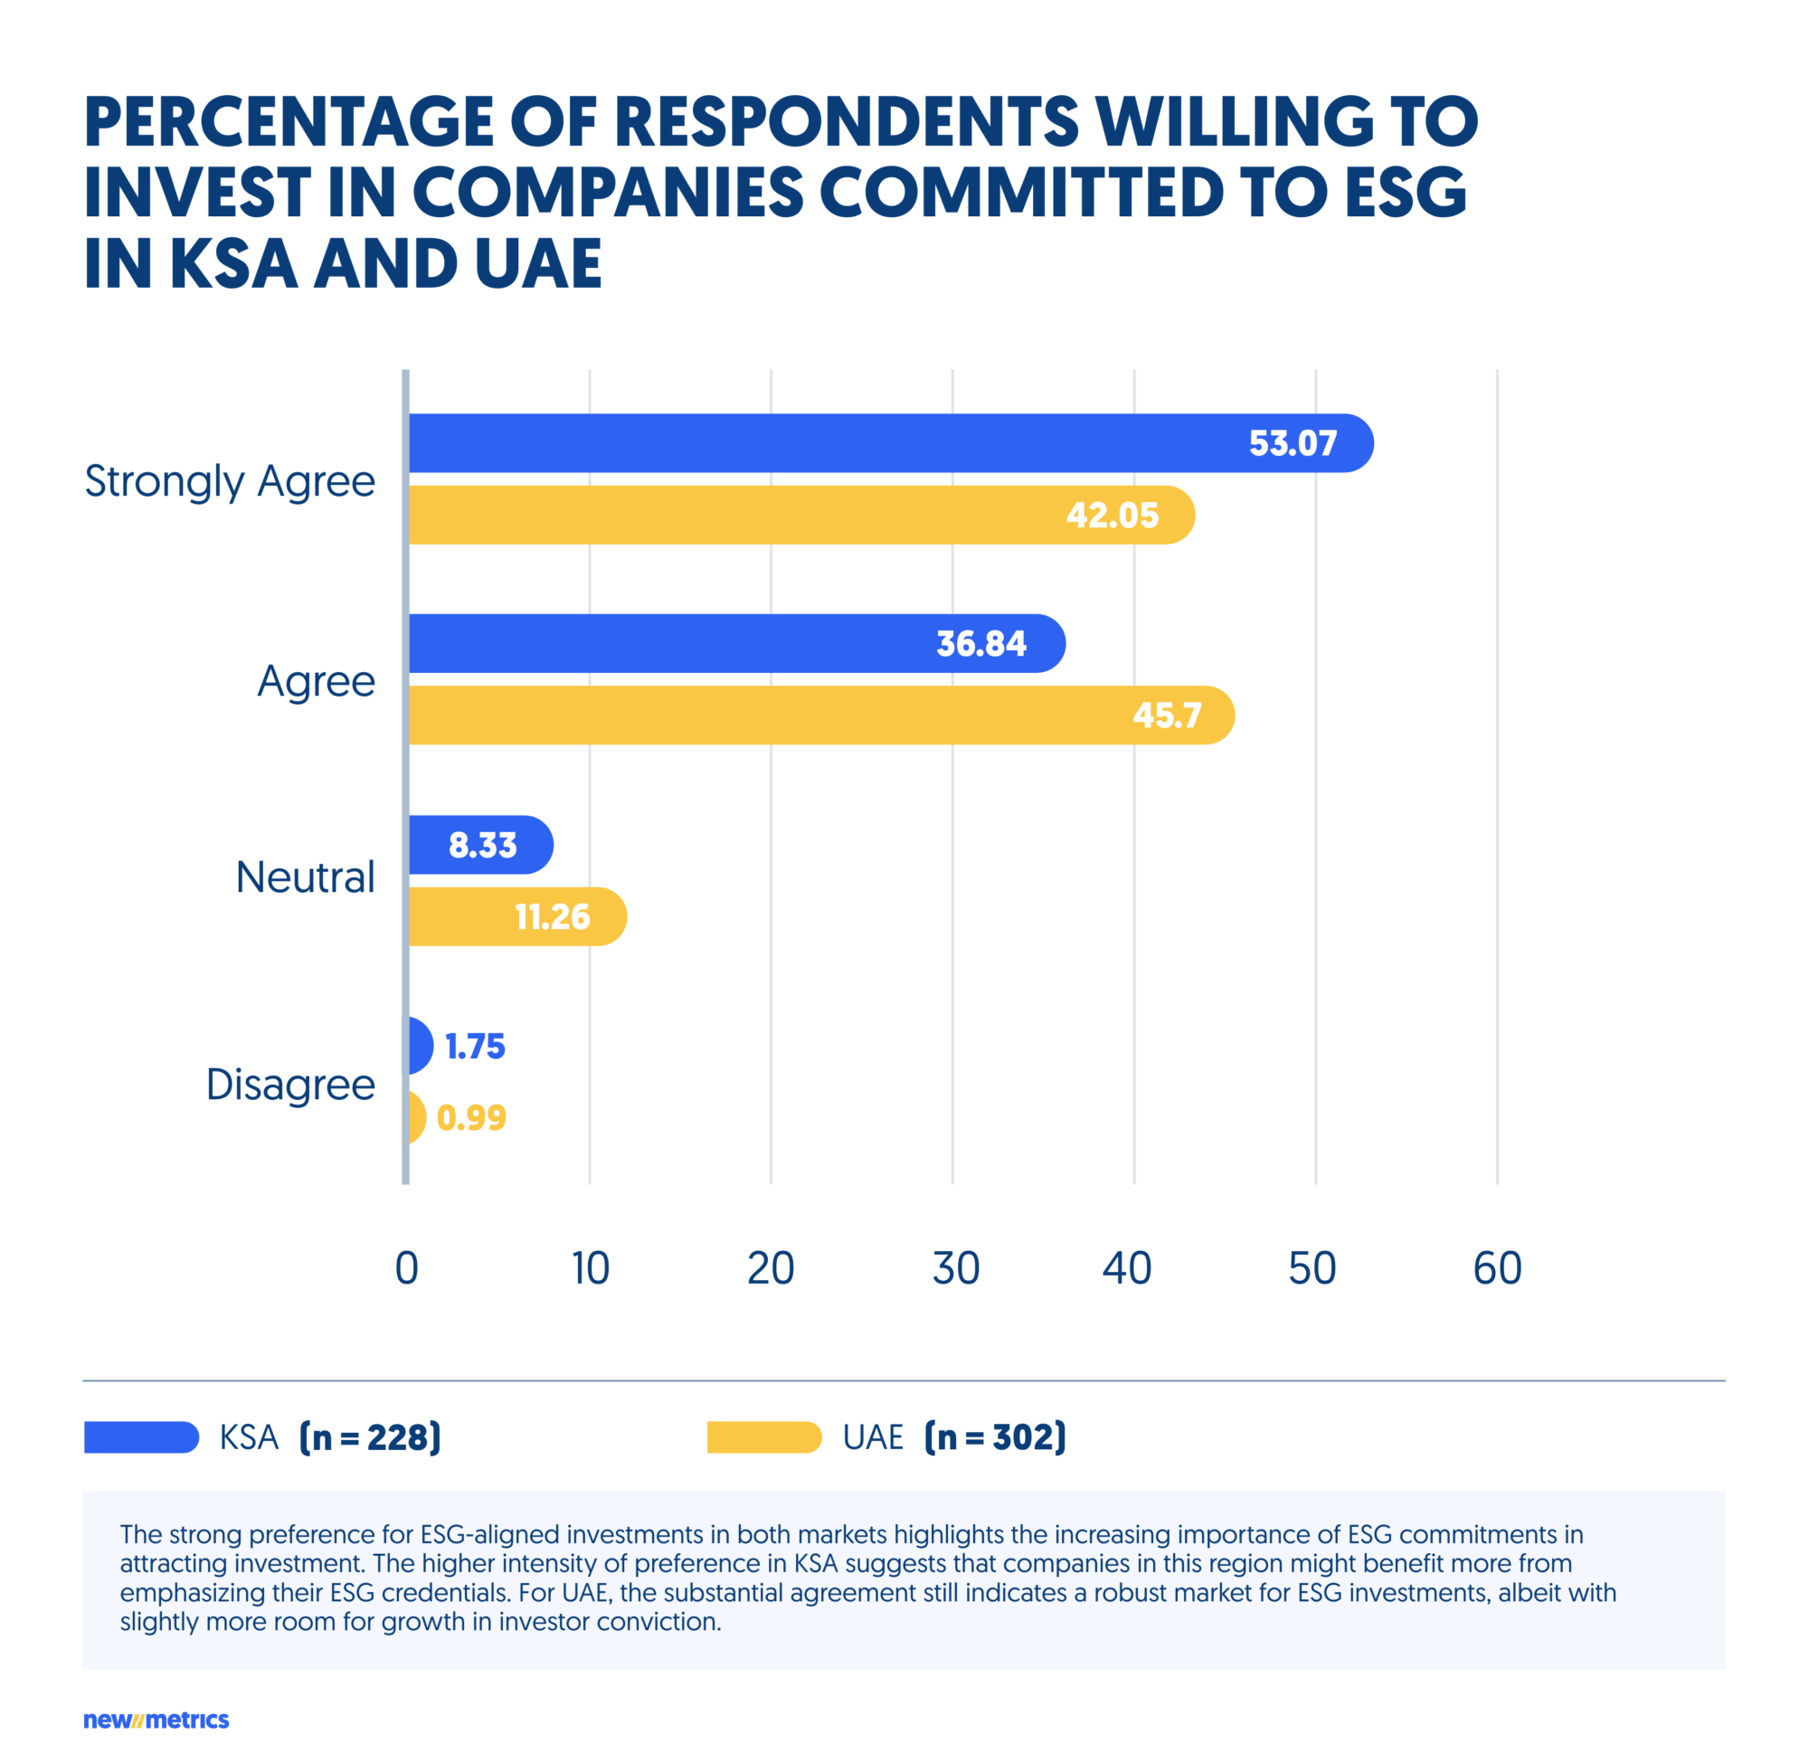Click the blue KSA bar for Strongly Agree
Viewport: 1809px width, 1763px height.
[833, 442]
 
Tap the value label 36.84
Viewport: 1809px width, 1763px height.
[980, 643]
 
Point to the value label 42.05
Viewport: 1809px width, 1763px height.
[1112, 515]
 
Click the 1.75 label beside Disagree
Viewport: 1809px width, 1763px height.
[475, 1047]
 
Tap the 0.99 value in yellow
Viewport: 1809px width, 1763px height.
[471, 1118]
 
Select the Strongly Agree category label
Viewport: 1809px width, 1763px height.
[230, 481]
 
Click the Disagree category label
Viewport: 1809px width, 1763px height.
[289, 1085]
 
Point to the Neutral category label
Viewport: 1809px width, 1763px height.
[305, 877]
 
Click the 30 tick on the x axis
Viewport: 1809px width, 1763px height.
[955, 1268]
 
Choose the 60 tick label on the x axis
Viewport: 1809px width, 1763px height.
[1497, 1268]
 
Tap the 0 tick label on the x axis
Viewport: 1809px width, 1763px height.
[406, 1268]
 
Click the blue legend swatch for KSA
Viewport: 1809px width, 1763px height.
[141, 1437]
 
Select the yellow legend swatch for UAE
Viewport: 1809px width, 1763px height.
[763, 1437]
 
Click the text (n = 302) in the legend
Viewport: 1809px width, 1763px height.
[995, 1437]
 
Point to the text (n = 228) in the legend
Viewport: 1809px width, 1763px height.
[370, 1437]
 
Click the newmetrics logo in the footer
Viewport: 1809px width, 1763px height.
[156, 1720]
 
